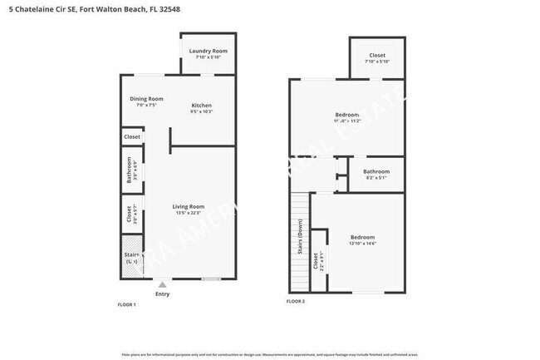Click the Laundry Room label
click(x=209, y=51)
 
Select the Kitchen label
click(x=202, y=106)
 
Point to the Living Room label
click(x=189, y=206)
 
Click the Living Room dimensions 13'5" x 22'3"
click(x=189, y=213)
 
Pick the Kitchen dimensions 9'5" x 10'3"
click(x=202, y=111)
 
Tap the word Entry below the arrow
click(x=162, y=293)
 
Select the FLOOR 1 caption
click(x=126, y=305)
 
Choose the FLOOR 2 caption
click(x=296, y=301)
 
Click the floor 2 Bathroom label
click(x=376, y=171)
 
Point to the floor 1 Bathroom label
click(x=130, y=169)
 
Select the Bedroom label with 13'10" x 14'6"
click(x=362, y=237)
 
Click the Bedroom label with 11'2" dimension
click(x=346, y=114)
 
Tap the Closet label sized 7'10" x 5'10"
click(x=376, y=56)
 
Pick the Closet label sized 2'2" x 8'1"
click(x=316, y=262)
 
